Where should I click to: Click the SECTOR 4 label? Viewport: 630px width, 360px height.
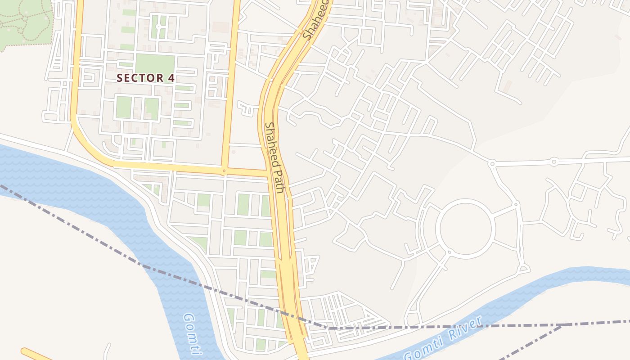coord(145,78)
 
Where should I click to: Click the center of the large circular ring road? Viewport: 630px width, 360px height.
coord(467,229)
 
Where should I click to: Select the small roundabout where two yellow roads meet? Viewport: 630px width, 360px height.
coord(224,171)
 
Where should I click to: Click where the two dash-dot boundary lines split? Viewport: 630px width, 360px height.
coord(562,325)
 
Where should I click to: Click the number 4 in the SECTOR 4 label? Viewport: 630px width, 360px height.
coord(171,78)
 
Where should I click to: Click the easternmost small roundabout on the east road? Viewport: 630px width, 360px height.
coord(554,162)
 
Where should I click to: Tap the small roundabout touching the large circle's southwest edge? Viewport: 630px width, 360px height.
coord(449,252)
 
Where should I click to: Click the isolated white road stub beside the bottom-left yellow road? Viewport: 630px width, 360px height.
coord(107,351)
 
